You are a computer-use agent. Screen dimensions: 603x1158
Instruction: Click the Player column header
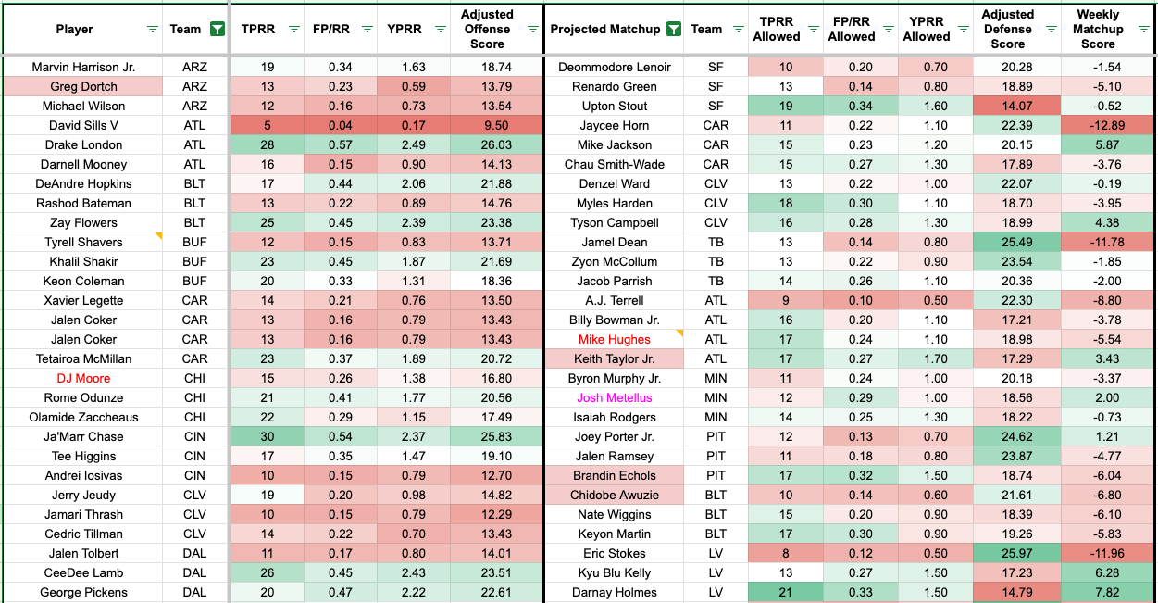pos(74,29)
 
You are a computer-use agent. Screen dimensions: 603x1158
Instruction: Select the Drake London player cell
pos(83,144)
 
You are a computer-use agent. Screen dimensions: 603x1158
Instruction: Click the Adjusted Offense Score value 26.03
pos(487,144)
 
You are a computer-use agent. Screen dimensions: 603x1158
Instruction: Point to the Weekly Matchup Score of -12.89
pos(1098,125)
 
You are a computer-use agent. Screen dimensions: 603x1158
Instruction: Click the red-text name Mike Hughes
pos(614,339)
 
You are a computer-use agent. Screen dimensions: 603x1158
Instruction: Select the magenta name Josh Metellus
pos(614,397)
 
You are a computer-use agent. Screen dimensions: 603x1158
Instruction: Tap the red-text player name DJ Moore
pos(83,378)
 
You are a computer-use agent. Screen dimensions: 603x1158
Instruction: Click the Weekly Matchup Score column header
pos(1098,29)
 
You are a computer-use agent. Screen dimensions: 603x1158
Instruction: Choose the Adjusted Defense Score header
pos(1007,29)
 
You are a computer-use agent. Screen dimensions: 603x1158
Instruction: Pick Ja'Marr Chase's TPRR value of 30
pos(268,436)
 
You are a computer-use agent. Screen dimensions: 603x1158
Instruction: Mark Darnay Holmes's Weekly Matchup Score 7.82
pos(1098,592)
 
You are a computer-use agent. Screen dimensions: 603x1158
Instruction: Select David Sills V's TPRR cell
pos(268,125)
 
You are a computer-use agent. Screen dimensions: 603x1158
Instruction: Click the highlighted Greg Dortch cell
pos(83,86)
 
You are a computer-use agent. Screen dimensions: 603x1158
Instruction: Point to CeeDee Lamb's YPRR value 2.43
pos(414,572)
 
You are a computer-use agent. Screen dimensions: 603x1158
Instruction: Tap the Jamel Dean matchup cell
pos(614,242)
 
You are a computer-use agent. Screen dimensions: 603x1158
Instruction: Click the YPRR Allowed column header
pos(926,29)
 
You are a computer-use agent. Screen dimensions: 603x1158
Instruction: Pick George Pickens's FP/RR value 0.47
pos(341,592)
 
